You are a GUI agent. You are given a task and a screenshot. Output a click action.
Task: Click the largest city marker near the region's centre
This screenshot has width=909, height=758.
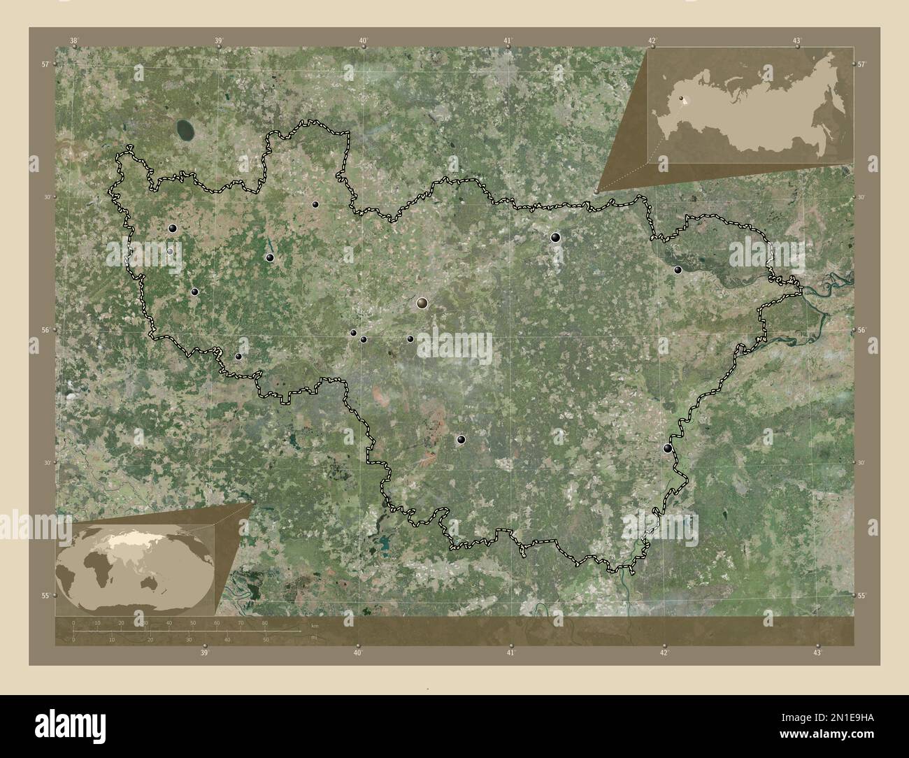pos(422,303)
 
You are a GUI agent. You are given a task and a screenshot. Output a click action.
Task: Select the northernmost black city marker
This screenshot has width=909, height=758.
pos(315,205)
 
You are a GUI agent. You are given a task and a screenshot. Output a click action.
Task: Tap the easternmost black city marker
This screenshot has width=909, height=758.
pos(677,269)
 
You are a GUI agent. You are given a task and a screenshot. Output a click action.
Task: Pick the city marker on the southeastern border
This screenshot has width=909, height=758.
pos(668,449)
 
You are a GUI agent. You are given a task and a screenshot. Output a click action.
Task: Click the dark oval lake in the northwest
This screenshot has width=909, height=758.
pos(185,129)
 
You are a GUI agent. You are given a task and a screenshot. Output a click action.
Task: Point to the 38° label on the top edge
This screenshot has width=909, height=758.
pos(73,41)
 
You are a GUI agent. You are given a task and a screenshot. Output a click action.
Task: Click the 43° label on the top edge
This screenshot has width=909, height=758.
pos(797,41)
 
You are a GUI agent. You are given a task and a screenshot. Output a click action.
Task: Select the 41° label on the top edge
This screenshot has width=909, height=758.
pos(508,41)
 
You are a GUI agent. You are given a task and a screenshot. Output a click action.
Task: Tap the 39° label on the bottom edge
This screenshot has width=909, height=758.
pos(204,653)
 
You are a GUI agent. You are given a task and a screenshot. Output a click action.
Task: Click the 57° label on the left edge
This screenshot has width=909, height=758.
pos(45,64)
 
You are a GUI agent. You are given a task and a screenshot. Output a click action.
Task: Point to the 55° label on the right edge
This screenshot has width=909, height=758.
pos(861,596)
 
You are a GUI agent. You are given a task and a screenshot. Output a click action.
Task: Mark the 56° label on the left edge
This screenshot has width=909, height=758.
pos(45,330)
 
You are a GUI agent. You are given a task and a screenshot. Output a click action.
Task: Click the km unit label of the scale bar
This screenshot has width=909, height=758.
pos(315,624)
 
